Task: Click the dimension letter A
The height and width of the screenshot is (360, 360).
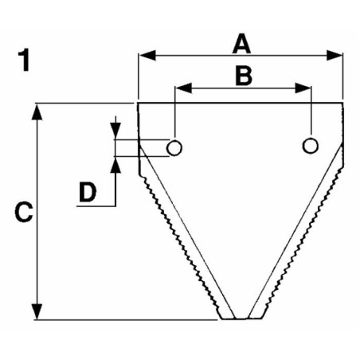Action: [x=241, y=44]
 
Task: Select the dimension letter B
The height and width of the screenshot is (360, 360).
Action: [x=244, y=76]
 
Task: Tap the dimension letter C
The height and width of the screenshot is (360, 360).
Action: [x=24, y=212]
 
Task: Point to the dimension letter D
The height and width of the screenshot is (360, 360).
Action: [x=88, y=192]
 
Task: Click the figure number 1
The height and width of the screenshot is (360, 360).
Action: [x=24, y=60]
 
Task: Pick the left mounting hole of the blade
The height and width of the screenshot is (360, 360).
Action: [x=174, y=147]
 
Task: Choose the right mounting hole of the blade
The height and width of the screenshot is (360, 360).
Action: [x=310, y=146]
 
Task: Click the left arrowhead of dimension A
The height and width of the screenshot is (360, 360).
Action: [x=147, y=55]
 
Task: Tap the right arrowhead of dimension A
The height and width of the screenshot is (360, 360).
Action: [x=335, y=55]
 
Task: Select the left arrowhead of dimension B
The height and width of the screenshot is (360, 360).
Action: [x=184, y=88]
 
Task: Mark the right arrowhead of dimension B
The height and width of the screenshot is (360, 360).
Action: [x=303, y=88]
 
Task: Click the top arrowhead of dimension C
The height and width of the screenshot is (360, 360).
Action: [x=37, y=112]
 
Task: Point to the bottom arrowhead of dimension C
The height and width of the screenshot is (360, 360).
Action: [x=37, y=311]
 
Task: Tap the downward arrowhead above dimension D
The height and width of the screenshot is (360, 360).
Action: [x=115, y=131]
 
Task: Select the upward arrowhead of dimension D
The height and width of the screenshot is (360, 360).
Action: [x=115, y=165]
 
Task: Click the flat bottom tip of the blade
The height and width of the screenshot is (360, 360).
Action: [x=241, y=318]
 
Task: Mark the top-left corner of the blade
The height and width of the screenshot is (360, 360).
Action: [x=138, y=103]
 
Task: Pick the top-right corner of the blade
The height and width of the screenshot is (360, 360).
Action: [x=343, y=103]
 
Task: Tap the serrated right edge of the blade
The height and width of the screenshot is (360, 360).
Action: [x=303, y=241]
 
